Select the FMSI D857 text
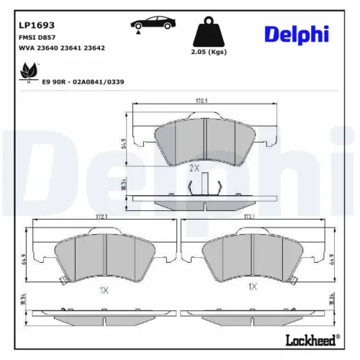point(35,37)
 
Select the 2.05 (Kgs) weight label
point(209,53)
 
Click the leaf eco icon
point(30,71)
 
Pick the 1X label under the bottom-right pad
point(253,287)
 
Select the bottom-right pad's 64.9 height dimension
point(333,257)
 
